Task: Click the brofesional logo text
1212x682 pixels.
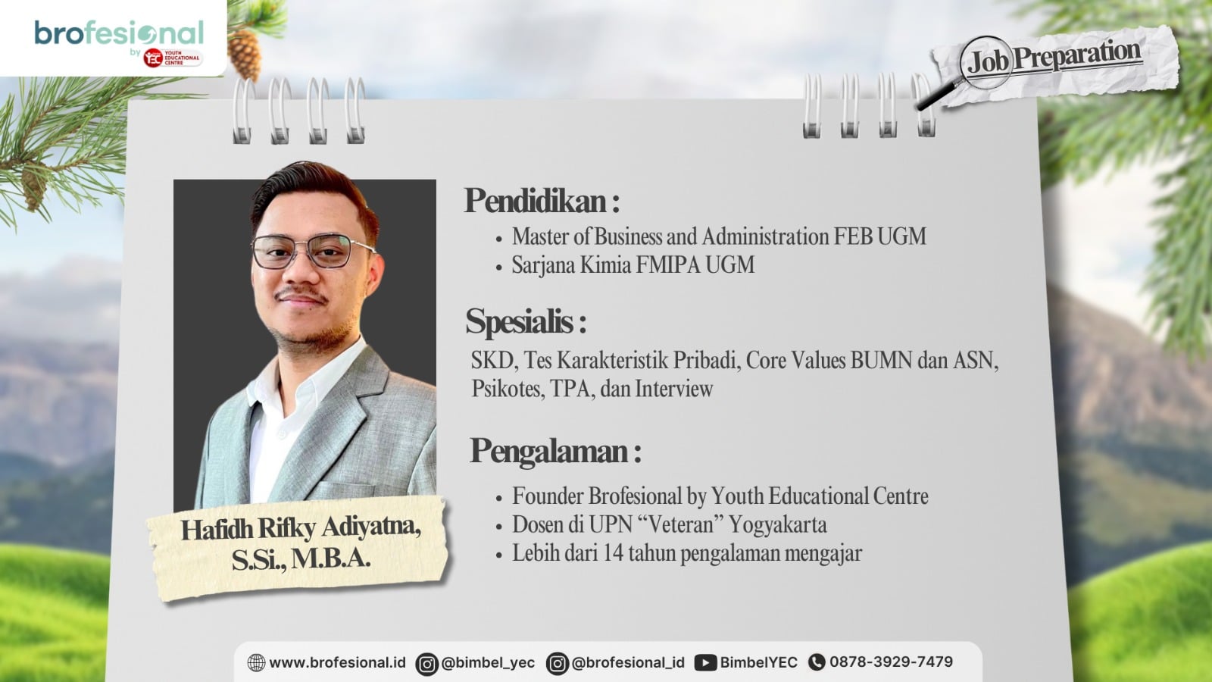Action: pyautogui.click(x=120, y=33)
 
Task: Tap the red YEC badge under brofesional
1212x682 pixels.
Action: pyautogui.click(x=173, y=58)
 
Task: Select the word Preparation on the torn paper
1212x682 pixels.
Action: pyautogui.click(x=1076, y=55)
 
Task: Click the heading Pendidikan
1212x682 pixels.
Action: pyautogui.click(x=542, y=201)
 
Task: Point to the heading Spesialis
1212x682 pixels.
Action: pyautogui.click(x=526, y=321)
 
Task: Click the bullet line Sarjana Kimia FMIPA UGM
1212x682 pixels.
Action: pyautogui.click(x=633, y=265)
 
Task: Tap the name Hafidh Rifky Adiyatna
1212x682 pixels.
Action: pyautogui.click(x=300, y=528)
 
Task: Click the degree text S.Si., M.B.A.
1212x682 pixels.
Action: pyautogui.click(x=301, y=560)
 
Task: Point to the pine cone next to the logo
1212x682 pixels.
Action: pyautogui.click(x=244, y=54)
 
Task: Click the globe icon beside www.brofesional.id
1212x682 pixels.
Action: pyautogui.click(x=256, y=662)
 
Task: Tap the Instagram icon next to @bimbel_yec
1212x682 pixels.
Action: pyautogui.click(x=427, y=664)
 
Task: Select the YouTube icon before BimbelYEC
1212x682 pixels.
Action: pyautogui.click(x=705, y=663)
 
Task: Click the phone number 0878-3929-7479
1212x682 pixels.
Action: pyautogui.click(x=891, y=662)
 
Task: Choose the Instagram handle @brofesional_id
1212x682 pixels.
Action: pyautogui.click(x=628, y=663)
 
